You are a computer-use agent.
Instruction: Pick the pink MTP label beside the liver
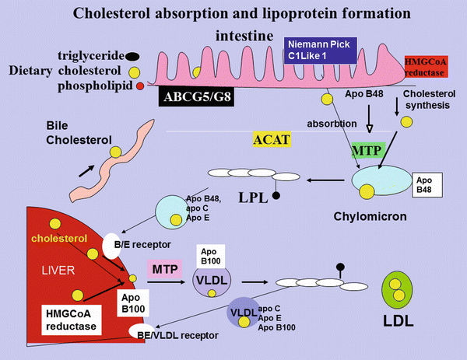(165, 268)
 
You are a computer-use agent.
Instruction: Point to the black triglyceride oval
(133, 55)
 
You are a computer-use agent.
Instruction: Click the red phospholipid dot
(140, 86)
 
